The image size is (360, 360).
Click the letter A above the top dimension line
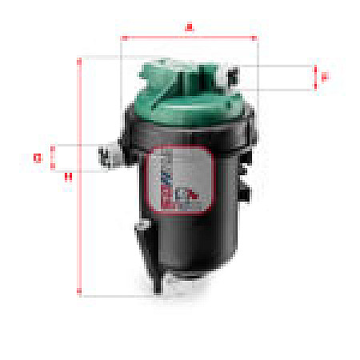tap(189, 27)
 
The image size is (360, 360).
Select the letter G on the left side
tap(37, 158)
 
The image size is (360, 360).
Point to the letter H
tap(68, 177)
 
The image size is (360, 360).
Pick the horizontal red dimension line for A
tap(189, 37)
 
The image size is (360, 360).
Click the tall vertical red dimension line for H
tap(79, 176)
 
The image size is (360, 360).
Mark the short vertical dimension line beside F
tap(315, 77)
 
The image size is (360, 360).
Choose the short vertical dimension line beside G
tap(52, 158)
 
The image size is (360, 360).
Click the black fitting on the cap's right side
tap(233, 78)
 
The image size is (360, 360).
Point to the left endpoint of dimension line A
tap(122, 37)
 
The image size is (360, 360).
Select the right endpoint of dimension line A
tap(255, 37)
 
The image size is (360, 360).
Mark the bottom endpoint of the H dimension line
tap(79, 294)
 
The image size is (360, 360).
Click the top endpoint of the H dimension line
tap(79, 58)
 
